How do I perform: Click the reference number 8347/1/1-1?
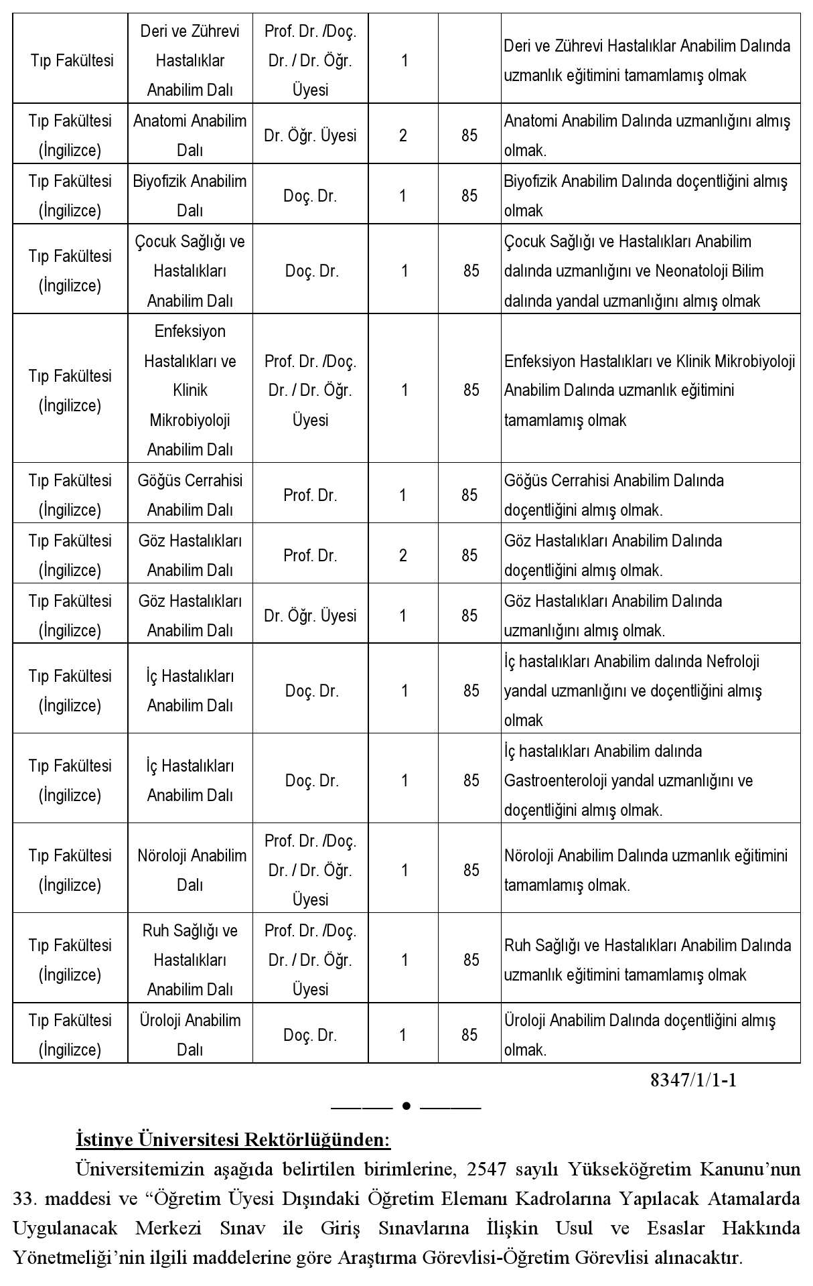point(693,1080)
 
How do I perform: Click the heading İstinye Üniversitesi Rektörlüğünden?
point(233,1139)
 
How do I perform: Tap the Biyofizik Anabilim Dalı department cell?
point(190,196)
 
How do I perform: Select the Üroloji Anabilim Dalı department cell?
point(190,1034)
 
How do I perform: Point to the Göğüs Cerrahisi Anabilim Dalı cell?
point(190,495)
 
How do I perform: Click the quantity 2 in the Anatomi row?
point(403,136)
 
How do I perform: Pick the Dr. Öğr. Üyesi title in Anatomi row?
point(310,136)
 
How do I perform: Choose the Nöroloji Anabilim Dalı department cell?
point(191,869)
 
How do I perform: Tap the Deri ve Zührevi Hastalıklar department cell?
point(190,60)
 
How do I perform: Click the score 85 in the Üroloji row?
point(469,1035)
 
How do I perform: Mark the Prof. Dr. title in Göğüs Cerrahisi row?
point(310,496)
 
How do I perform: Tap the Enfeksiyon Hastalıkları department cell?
point(190,390)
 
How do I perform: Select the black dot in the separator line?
point(406,1106)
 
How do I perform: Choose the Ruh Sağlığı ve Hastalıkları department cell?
point(190,959)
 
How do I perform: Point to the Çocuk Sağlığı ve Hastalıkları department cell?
point(190,271)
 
